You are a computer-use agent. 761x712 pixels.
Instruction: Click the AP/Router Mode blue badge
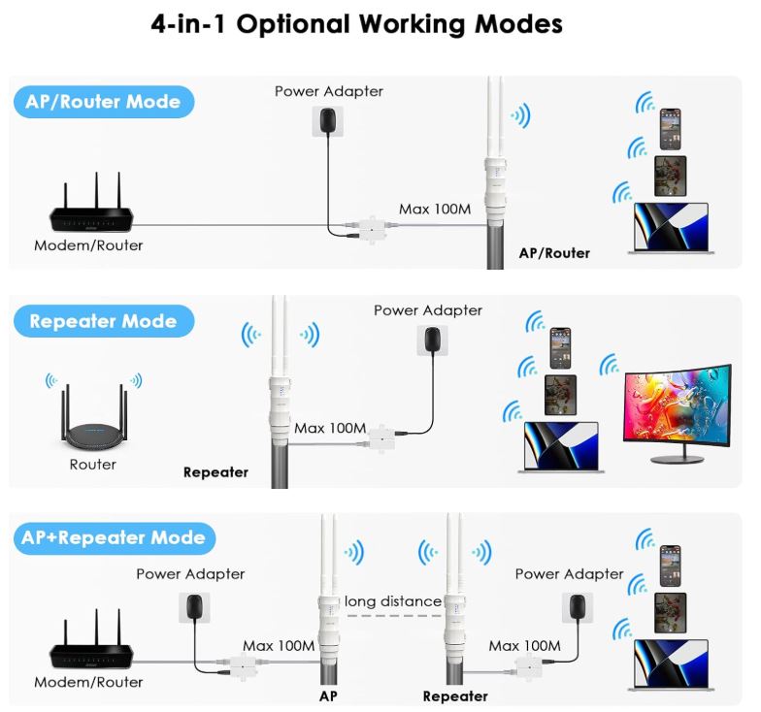pos(103,102)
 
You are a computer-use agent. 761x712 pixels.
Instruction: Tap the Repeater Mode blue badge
pos(103,321)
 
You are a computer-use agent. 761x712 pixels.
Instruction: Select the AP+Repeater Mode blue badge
pos(115,538)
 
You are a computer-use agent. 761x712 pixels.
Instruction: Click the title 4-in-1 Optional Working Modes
pos(357,24)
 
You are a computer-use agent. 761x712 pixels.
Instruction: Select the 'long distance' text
pos(392,602)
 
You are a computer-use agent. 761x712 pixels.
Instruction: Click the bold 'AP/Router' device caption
pos(554,253)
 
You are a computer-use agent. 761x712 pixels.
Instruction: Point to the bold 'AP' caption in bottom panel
pos(328,696)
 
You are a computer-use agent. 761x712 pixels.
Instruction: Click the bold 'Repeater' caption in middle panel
pos(215,473)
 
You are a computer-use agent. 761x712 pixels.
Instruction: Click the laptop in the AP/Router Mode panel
pos(671,229)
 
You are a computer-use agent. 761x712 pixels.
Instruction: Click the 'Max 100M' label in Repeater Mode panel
pos(330,428)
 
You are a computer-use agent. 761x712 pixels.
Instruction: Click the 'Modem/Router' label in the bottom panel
pos(88,682)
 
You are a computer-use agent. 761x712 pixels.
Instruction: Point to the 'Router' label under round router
pos(93,465)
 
